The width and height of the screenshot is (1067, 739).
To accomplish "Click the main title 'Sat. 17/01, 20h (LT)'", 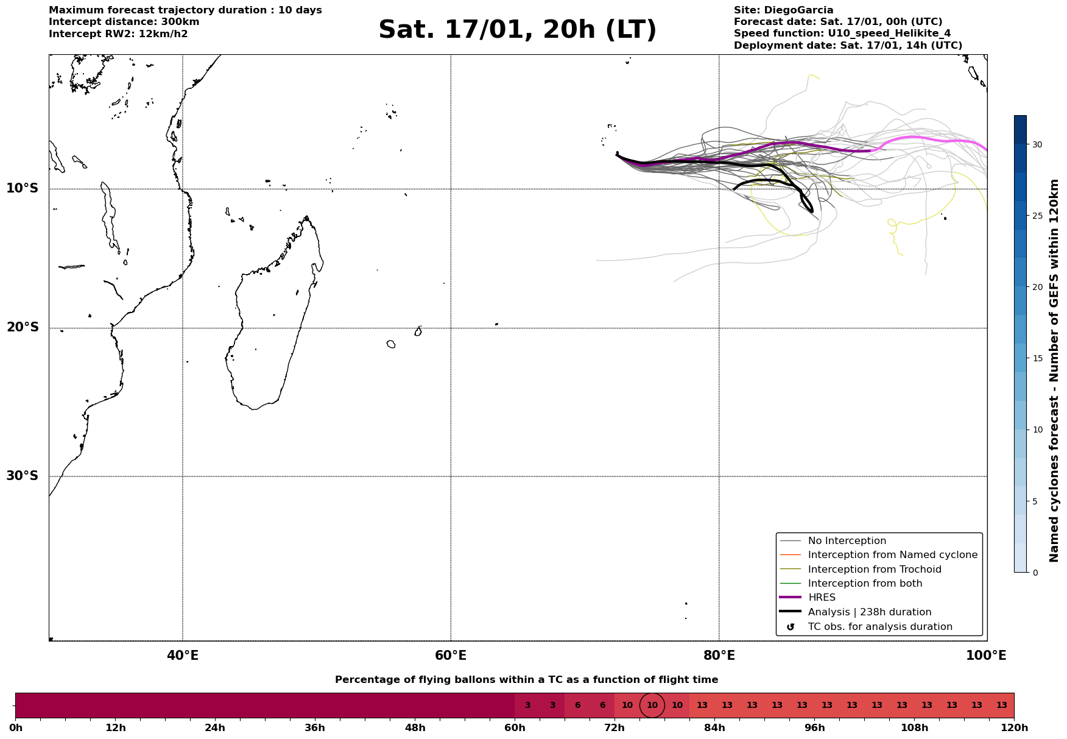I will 517,30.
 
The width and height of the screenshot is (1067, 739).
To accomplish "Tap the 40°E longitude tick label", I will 183,656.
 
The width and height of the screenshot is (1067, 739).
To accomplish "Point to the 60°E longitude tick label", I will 451,656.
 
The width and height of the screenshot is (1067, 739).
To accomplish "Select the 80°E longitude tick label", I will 719,656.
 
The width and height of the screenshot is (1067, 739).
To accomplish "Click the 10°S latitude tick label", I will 23,188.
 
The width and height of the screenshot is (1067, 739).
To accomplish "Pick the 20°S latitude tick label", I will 23,328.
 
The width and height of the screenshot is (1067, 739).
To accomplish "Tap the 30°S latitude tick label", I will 23,476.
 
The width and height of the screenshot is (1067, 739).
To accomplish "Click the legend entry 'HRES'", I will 822,598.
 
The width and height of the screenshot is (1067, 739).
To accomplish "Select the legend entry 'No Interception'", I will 847,541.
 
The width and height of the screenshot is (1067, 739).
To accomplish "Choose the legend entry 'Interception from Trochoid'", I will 874,570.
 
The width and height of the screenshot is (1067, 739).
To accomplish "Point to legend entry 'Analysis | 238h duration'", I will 869,612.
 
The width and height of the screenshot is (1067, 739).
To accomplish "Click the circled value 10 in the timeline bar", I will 652,705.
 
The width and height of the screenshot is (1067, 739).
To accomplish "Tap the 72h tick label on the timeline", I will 614,728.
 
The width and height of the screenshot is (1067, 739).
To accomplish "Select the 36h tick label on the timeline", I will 315,728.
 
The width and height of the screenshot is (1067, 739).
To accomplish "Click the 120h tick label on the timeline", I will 1014,728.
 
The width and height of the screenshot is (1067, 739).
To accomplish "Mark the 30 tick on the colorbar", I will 1037,144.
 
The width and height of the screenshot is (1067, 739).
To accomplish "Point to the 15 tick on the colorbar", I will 1037,358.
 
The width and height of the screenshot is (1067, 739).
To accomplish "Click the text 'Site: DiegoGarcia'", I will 783,10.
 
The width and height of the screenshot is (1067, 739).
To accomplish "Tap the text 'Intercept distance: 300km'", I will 124,22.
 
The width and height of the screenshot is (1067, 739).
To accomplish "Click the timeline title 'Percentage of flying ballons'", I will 526,680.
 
